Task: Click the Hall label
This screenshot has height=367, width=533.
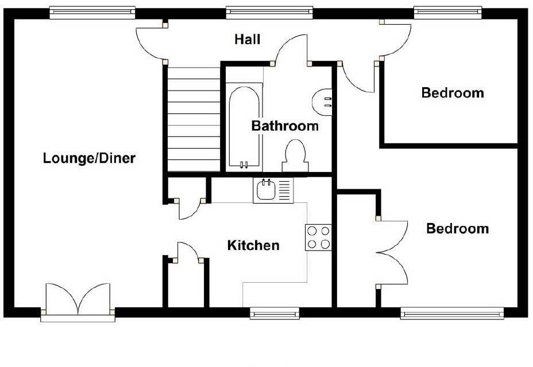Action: pos(248,40)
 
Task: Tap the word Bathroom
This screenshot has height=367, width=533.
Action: pos(285,126)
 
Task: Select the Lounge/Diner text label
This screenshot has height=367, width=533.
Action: pos(89,158)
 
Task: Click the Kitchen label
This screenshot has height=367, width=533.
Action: pos(253,245)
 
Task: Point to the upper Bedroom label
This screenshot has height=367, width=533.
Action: pos(453,92)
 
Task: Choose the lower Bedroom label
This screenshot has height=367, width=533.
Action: pos(457,229)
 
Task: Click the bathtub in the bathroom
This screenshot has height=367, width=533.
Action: pos(244,127)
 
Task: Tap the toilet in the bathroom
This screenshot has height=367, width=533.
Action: pos(295,156)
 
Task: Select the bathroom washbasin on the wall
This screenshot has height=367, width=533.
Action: pos(323,102)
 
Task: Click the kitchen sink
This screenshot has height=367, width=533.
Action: pos(267,190)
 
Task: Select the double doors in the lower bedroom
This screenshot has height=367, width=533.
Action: pos(393,252)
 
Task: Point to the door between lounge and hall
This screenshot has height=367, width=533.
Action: pos(150,43)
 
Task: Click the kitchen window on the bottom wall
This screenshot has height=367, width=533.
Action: pos(275,313)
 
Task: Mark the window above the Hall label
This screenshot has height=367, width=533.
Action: pos(270,11)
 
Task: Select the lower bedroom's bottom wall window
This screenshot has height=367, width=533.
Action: pos(452,313)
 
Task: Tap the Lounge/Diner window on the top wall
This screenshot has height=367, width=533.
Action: pos(92,11)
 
